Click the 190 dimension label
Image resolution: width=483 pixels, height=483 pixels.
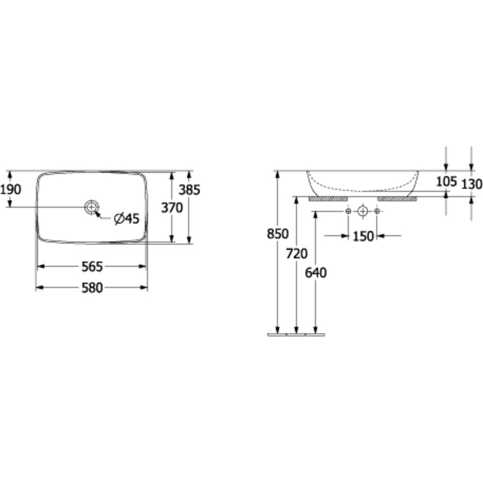point(11,189)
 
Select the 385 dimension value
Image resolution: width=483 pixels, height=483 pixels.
point(189,190)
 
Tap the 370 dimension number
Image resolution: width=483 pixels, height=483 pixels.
point(172,208)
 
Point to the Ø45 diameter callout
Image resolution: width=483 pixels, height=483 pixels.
point(127,218)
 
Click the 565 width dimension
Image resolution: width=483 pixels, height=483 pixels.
point(92,267)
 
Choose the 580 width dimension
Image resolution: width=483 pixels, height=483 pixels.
point(92,288)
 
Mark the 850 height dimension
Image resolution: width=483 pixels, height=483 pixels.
point(278,234)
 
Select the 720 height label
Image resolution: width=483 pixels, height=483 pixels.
point(297,254)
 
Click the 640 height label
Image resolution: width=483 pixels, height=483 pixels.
point(316,273)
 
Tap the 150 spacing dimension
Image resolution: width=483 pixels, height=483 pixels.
point(363,237)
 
